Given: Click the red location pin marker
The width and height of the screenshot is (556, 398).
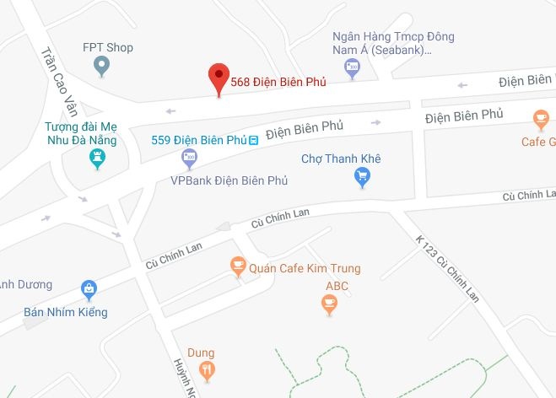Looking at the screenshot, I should coord(219,78).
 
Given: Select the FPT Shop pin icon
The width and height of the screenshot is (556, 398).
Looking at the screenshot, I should coord(101,65).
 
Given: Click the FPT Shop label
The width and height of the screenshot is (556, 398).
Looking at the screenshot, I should coord(108,47).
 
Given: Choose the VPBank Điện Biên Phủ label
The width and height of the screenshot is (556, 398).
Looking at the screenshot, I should coord(229,180).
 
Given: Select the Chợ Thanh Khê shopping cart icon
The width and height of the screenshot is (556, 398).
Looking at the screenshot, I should coord(363,175).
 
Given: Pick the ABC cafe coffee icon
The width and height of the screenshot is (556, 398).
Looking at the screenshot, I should coord(330,304).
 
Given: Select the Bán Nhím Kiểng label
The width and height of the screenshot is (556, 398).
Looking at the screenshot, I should coord(66,312).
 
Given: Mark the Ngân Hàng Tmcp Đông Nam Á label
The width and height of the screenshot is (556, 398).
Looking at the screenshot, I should coord(394,44).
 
